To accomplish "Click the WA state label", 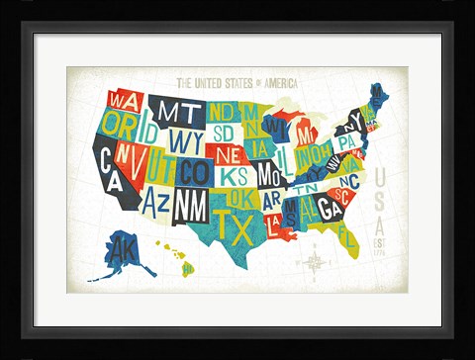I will pos(125,101).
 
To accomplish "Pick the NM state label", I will pos(190,204).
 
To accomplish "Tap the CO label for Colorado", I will pos(195,170).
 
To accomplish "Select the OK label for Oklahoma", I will pos(239,197).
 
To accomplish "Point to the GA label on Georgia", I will pos(330,205).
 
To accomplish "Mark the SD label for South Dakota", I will pos(224,132).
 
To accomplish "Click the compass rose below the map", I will pos(316,262).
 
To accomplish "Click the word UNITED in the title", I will pos(218,84).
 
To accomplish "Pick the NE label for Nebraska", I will pos(227,154).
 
